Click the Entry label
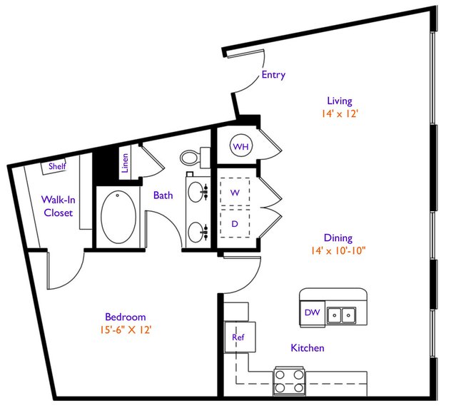coord(273,75)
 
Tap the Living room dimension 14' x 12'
coord(340,113)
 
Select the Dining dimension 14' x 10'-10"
coord(338,250)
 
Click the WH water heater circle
coord(241,146)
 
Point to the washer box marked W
coord(235,192)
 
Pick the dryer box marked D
coord(235,223)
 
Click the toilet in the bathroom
coord(195,158)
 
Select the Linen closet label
coord(125,163)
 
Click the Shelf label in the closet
coord(57,166)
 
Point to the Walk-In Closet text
coord(59,206)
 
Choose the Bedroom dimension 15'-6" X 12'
coord(126,330)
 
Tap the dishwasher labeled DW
coord(313,312)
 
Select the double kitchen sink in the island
coord(341,315)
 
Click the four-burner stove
coord(289,381)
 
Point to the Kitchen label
coord(308,348)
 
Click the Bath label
coord(163,195)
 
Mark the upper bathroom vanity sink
coord(196,192)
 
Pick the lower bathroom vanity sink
coord(196,232)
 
